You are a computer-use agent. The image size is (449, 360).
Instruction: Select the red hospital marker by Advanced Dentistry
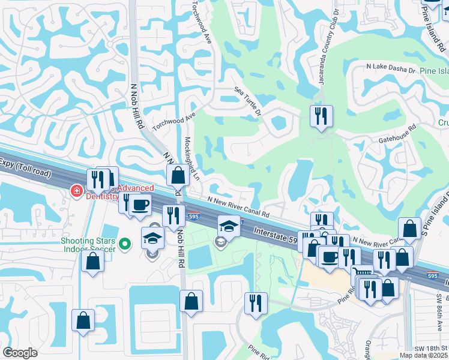pos(76,191)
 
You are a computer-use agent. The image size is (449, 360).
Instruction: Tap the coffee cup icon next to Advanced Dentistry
pos(140,205)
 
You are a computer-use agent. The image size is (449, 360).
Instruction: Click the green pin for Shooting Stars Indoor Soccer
pos(125,244)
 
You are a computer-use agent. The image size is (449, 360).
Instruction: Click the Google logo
pos(20,353)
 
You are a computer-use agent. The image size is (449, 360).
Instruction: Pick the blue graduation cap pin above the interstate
pos(228,226)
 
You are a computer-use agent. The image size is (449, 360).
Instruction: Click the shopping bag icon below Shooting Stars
pos(92,262)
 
